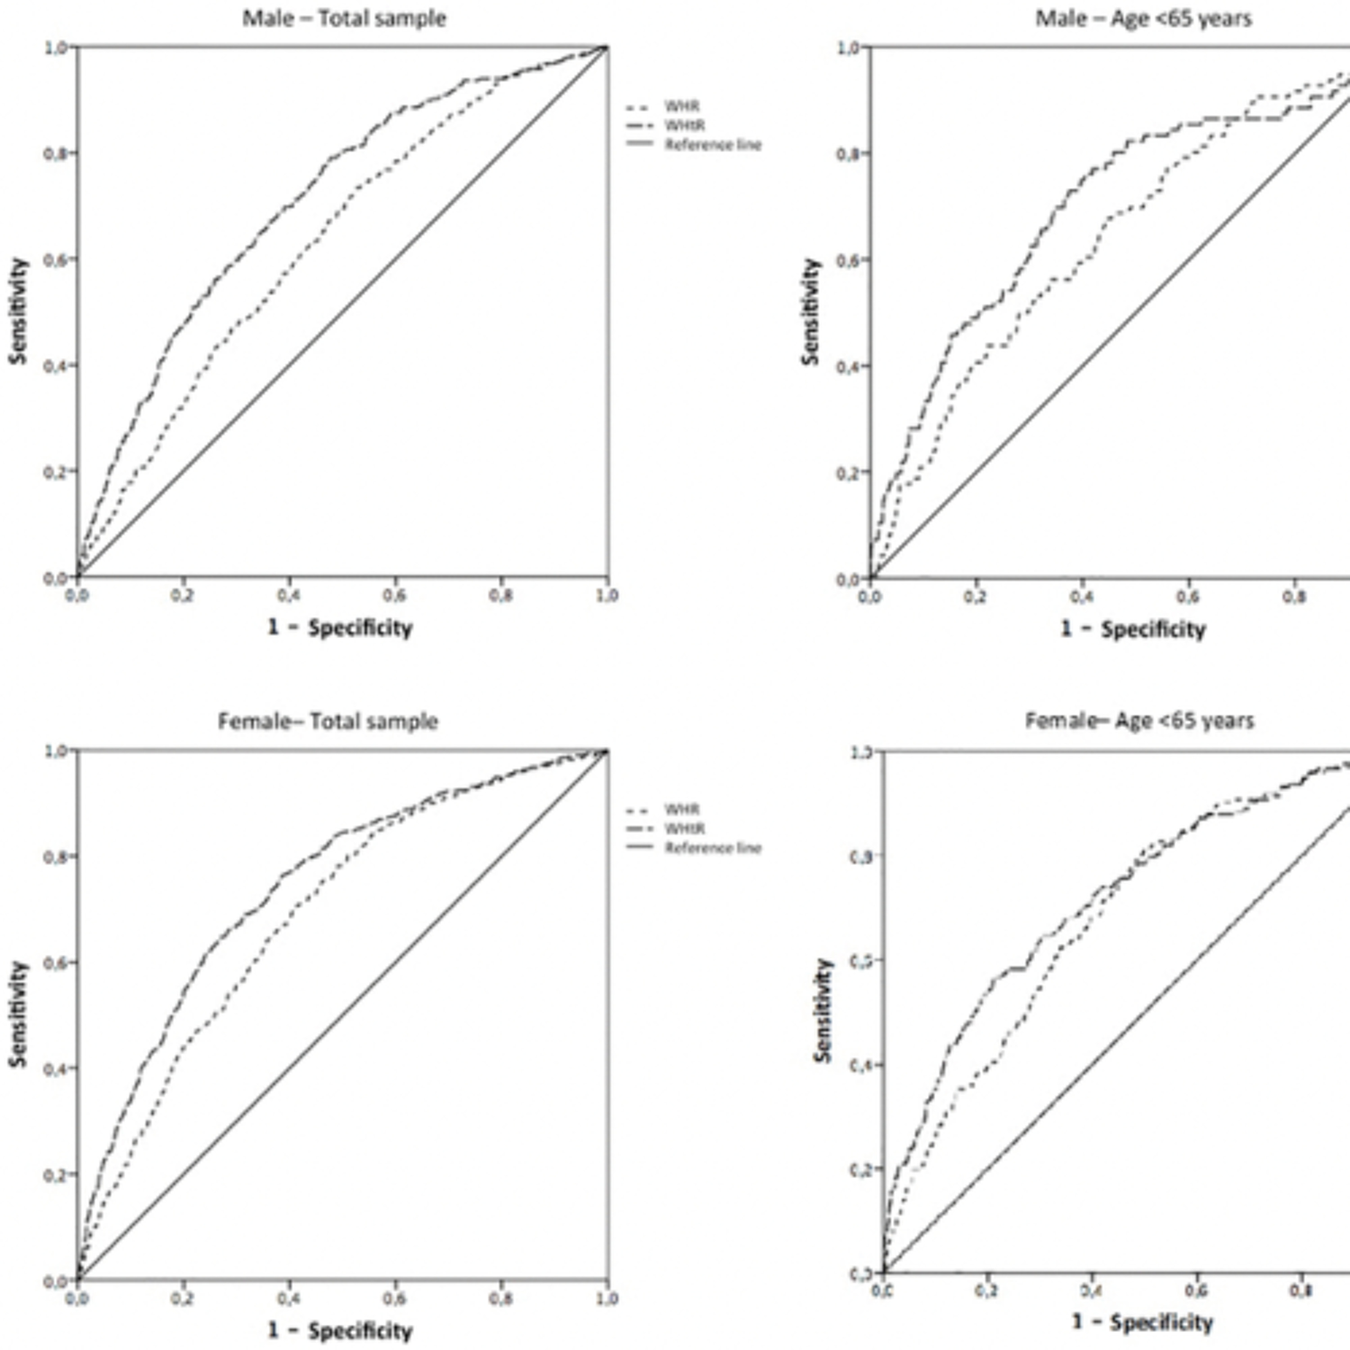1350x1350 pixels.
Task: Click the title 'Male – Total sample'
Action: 344,18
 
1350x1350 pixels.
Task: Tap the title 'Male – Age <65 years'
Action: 1143,18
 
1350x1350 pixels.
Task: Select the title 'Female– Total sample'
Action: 328,720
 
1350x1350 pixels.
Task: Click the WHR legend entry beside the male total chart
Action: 681,107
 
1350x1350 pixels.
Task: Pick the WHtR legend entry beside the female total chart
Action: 684,829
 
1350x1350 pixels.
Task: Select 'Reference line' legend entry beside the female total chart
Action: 712,848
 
